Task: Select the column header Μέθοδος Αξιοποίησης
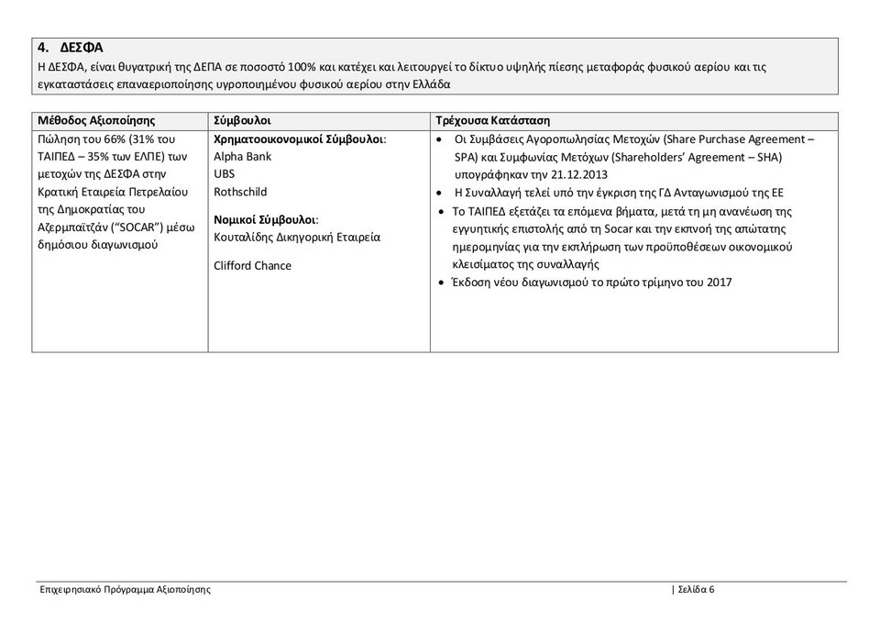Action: point(96,121)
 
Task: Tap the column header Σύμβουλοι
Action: point(242,121)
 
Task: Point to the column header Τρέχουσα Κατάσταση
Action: point(492,121)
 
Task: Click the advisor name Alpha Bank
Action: point(243,157)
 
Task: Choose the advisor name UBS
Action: point(224,174)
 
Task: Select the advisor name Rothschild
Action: point(240,193)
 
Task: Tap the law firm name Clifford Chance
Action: point(252,266)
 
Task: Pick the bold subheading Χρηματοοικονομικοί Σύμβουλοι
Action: point(299,139)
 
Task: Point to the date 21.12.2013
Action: point(579,174)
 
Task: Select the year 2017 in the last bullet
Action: point(720,282)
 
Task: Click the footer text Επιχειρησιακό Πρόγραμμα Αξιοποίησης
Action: point(126,589)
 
